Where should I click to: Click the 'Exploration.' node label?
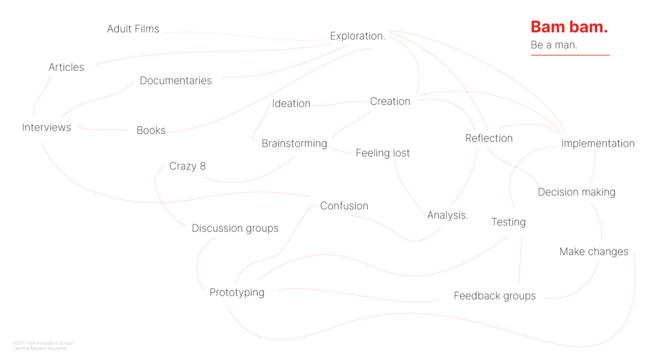pyautogui.click(x=358, y=36)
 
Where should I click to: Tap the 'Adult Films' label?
pyautogui.click(x=133, y=28)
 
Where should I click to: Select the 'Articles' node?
pyautogui.click(x=66, y=67)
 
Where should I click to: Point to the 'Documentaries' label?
pyautogui.click(x=176, y=80)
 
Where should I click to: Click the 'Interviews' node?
pyautogui.click(x=47, y=127)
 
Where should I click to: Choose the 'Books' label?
pyautogui.click(x=151, y=130)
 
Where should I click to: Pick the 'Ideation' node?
pyautogui.click(x=291, y=103)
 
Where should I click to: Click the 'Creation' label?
pyautogui.click(x=390, y=101)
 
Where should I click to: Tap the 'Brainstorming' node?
pyautogui.click(x=294, y=143)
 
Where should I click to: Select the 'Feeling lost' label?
pyautogui.click(x=383, y=153)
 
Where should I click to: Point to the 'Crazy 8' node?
pyautogui.click(x=187, y=166)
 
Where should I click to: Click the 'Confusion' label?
pyautogui.click(x=344, y=205)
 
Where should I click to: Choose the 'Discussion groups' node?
pyautogui.click(x=235, y=228)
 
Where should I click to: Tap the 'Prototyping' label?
pyautogui.click(x=237, y=293)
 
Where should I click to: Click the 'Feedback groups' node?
pyautogui.click(x=495, y=296)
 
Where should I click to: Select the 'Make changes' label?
pyautogui.click(x=594, y=252)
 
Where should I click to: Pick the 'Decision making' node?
pyautogui.click(x=576, y=192)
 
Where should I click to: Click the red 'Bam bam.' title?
pyautogui.click(x=569, y=27)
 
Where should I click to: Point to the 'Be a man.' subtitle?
pyautogui.click(x=554, y=45)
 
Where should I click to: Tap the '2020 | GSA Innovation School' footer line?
pyautogui.click(x=43, y=343)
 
